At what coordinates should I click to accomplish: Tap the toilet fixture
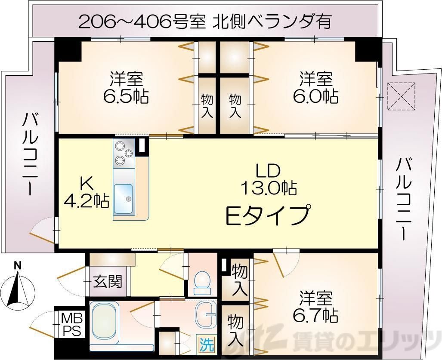[201, 282]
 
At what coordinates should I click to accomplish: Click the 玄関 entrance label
[108, 282]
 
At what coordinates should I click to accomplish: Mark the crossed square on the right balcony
[402, 95]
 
